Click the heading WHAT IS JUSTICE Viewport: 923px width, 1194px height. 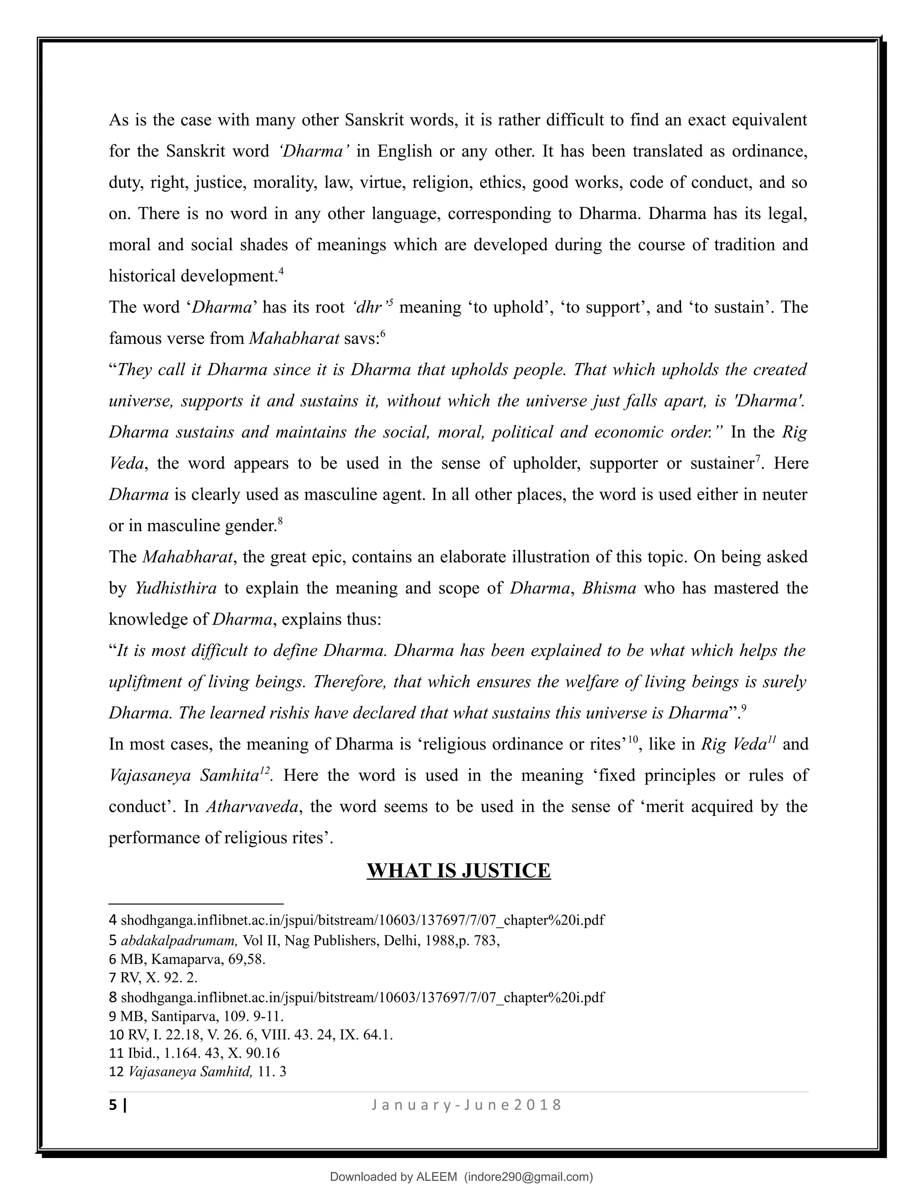[x=458, y=870]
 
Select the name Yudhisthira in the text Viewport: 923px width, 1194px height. [x=175, y=588]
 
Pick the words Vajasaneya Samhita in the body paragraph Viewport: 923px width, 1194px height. [x=184, y=776]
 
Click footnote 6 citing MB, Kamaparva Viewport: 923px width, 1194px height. [x=187, y=959]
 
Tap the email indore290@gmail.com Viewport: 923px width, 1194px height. [x=528, y=1176]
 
